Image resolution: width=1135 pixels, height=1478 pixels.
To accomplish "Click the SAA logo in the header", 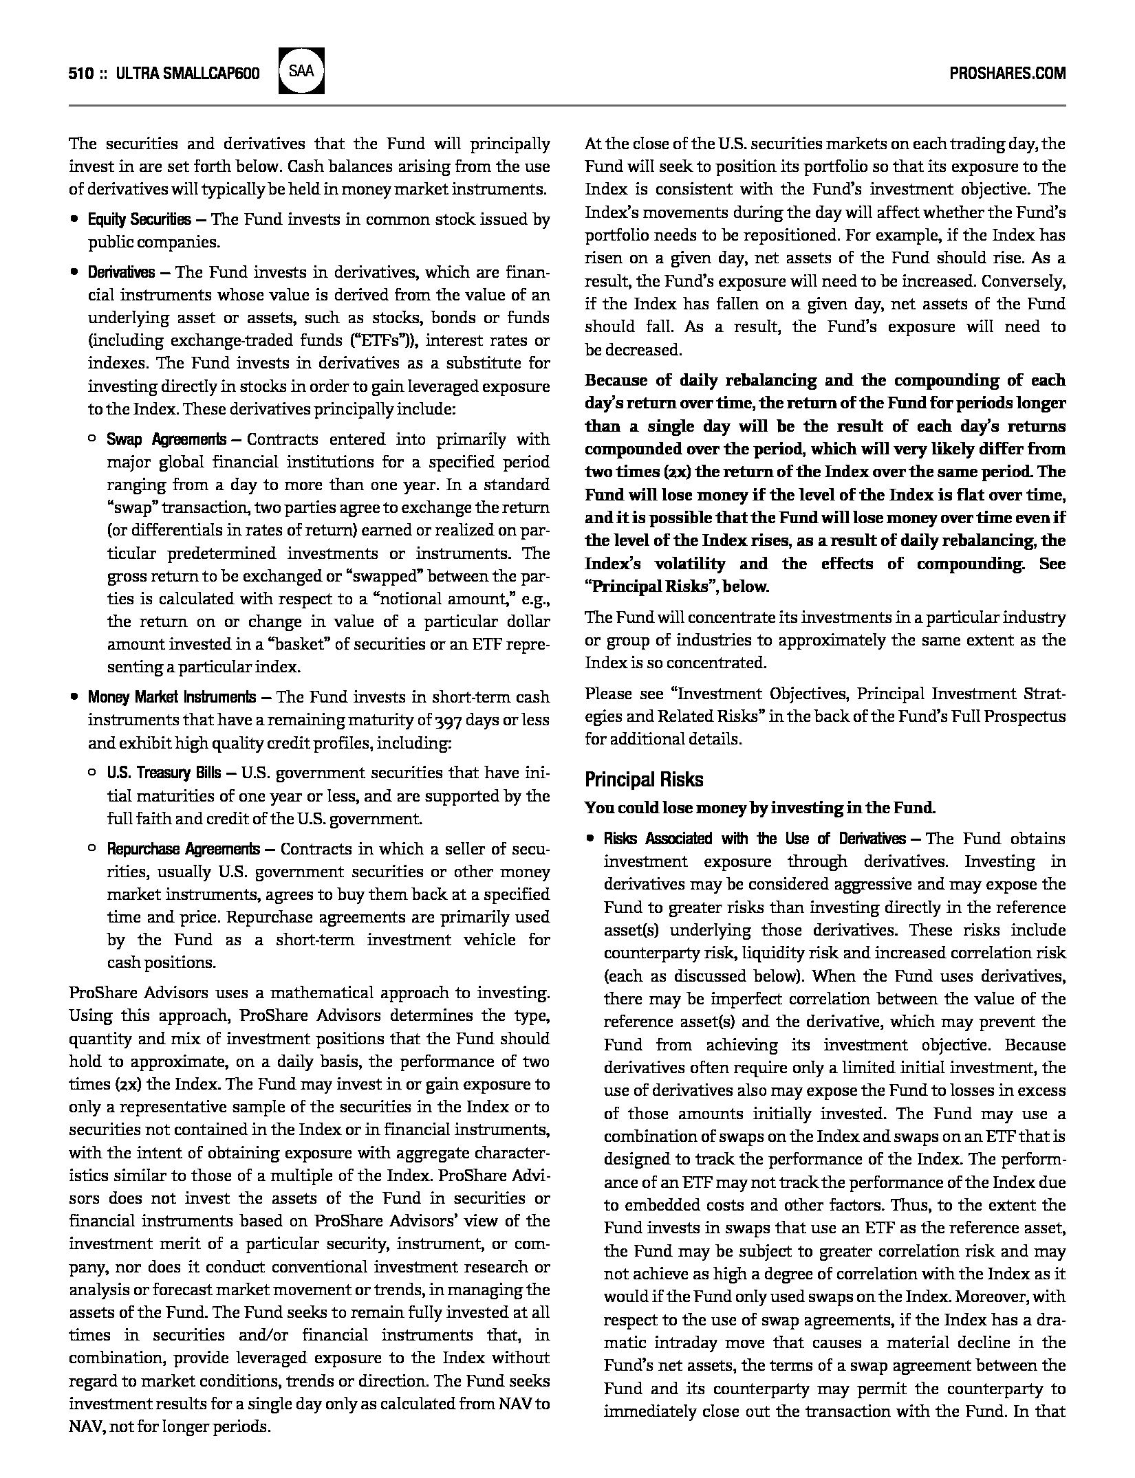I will pyautogui.click(x=301, y=71).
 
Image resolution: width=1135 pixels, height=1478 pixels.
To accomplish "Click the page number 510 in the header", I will pyautogui.click(x=80, y=74).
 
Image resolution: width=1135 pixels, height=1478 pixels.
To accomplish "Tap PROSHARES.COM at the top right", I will pyautogui.click(x=1007, y=74).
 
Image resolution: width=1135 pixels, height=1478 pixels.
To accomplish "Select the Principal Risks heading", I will pyautogui.click(x=644, y=780).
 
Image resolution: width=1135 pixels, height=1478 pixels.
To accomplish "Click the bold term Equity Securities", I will pyautogui.click(x=139, y=220).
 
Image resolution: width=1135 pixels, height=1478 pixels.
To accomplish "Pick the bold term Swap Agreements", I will pyautogui.click(x=166, y=439).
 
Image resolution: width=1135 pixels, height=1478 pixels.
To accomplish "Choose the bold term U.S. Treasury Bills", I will pyautogui.click(x=164, y=773).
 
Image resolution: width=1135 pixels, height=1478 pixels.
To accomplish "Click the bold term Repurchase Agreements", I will pyautogui.click(x=183, y=849).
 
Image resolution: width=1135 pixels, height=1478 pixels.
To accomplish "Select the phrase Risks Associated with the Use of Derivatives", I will pyautogui.click(x=754, y=839).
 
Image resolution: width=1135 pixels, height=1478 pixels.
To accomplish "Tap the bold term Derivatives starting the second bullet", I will pyautogui.click(x=121, y=272).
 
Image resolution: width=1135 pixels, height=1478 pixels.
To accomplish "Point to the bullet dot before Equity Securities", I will pyautogui.click(x=74, y=220).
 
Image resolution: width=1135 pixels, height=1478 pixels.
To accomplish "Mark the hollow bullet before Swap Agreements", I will pyautogui.click(x=92, y=439).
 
